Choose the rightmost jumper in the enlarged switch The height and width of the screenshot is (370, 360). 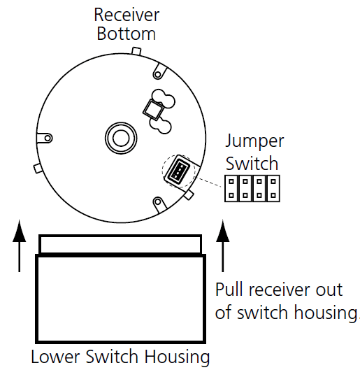(275, 189)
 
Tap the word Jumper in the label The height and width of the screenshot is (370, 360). (254, 141)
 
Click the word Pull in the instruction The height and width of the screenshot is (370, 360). (230, 290)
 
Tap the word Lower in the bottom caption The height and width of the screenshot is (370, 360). (52, 357)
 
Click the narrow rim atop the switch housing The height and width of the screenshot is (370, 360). (120, 245)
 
